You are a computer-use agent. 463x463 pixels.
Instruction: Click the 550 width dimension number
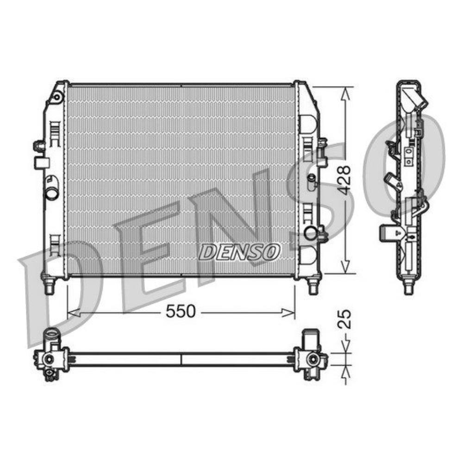pos(181,312)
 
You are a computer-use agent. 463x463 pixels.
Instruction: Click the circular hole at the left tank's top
pos(56,98)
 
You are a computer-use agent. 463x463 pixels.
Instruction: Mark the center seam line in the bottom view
pos(181,360)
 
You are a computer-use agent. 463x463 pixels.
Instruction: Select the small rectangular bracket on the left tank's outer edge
pos(42,162)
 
